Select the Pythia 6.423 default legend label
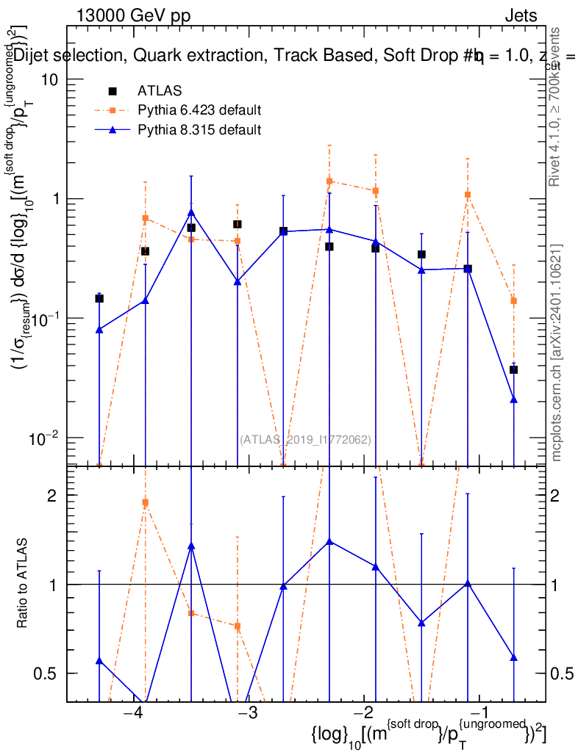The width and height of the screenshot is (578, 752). pos(199,111)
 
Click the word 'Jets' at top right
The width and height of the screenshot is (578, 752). pos(521,16)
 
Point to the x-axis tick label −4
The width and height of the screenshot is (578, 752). pos(132,714)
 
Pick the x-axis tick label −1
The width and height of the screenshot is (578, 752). pos(479,714)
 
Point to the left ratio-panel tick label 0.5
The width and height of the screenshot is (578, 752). pos(46,673)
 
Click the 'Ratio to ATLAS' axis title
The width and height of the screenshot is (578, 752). pos(24,584)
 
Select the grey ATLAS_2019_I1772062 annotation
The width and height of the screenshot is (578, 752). pos(305,440)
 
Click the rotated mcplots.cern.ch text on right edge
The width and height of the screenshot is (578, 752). pos(557,352)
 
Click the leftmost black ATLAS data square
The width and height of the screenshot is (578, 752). pos(99,298)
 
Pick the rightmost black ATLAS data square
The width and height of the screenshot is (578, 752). pos(514,369)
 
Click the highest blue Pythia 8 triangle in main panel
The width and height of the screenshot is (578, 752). pos(191,213)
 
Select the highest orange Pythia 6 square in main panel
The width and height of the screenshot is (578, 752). pos(329,181)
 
